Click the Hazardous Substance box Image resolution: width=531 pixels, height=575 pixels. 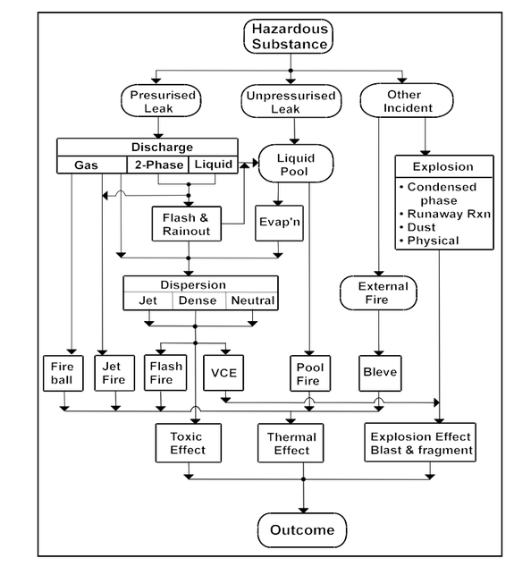pos(289,37)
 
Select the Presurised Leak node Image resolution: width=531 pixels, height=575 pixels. pos(161,101)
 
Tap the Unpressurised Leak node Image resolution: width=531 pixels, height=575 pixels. pos(291,102)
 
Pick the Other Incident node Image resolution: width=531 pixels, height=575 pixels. pos(407,100)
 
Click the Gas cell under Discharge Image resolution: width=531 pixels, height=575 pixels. pos(92,165)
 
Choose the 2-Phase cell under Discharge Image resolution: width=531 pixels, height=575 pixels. pos(158,165)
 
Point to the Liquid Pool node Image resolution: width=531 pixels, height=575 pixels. pos(296,164)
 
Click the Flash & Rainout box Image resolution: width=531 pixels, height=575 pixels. pos(187,224)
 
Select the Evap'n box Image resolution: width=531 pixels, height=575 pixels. pos(279,223)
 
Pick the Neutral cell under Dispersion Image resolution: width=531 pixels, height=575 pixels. pos(252,301)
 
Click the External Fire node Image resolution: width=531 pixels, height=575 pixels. pos(378,293)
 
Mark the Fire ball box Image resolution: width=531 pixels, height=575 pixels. pos(63,373)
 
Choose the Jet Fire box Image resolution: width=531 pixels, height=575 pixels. pos(114,373)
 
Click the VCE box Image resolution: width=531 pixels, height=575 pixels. pos(223,373)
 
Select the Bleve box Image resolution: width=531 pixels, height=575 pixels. pos(380,373)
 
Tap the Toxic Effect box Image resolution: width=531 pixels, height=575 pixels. pos(189,443)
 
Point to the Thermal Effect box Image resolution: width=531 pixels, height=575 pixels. pos(291,443)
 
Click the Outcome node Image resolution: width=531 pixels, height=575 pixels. pos(302,530)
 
